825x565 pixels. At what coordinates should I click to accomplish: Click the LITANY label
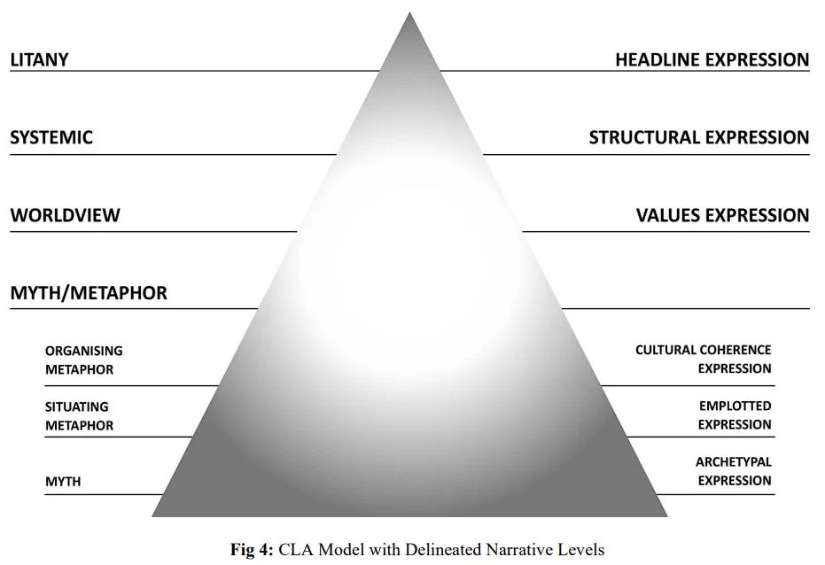[x=39, y=60]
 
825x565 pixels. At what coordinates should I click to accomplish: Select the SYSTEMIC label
[x=51, y=137]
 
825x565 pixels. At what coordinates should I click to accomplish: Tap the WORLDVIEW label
[x=65, y=215]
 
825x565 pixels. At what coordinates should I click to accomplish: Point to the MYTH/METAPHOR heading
[x=89, y=293]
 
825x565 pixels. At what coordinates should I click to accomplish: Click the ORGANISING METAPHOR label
[x=84, y=360]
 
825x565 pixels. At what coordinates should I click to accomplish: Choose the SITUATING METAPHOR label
[x=80, y=416]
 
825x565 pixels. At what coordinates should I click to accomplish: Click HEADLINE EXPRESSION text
[x=712, y=60]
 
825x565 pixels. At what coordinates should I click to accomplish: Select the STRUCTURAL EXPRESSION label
[x=698, y=137]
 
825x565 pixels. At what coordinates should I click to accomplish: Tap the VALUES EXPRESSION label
[x=722, y=215]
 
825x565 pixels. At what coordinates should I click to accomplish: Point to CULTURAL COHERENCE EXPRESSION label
[x=703, y=360]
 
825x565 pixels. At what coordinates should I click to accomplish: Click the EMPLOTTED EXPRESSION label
[x=735, y=415]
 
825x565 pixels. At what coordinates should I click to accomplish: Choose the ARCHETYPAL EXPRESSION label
[x=733, y=471]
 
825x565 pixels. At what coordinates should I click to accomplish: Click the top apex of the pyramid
[x=409, y=14]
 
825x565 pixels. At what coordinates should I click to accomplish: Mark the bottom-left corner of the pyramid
[x=153, y=515]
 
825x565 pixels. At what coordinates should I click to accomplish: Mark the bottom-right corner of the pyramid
[x=666, y=515]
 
